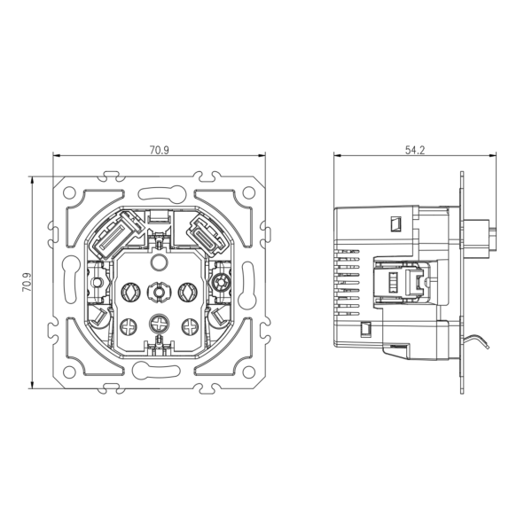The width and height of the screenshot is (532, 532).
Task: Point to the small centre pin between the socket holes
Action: coord(159,291)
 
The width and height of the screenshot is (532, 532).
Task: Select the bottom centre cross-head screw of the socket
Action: coord(159,323)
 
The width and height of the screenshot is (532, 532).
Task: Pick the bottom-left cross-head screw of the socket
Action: coord(129,325)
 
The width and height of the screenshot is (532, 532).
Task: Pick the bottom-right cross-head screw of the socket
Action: coord(189,325)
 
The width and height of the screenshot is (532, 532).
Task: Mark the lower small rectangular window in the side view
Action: coord(364,330)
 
